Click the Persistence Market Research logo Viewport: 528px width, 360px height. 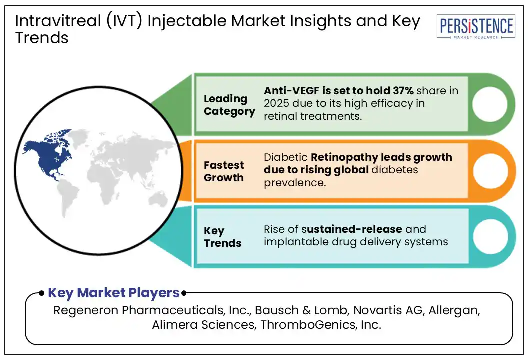coord(476,27)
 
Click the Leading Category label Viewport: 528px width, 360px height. coord(229,105)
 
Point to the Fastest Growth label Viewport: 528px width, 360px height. coord(224,171)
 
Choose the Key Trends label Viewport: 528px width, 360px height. coord(222,237)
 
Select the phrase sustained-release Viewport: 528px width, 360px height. coord(354,229)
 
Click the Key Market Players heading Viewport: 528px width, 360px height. coord(113,292)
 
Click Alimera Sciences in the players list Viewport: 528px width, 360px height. coord(194,325)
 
